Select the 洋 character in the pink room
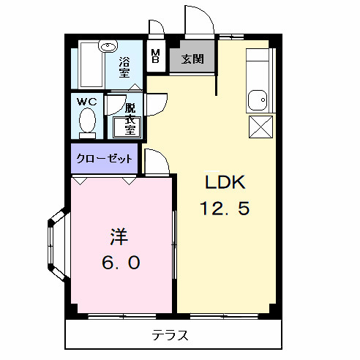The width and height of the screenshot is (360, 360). pos(119,236)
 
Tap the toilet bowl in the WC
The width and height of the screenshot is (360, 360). pos(88,120)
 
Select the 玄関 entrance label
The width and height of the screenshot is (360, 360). pos(192,59)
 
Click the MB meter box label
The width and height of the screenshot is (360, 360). pos(155,56)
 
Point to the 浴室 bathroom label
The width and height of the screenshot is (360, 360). pos(124,67)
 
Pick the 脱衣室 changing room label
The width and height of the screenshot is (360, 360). pos(130,117)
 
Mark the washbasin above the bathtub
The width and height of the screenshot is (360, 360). pos(108,46)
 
